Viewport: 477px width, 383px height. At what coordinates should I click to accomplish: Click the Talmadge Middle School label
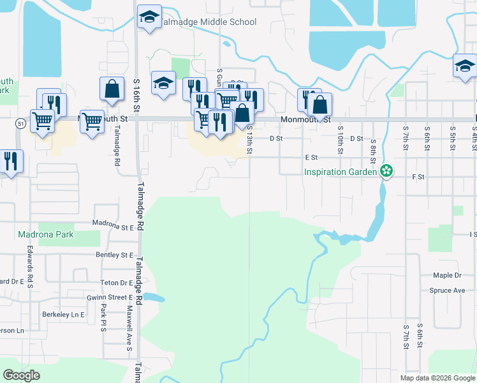point(208,22)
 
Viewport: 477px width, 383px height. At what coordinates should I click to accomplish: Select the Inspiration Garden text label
point(339,172)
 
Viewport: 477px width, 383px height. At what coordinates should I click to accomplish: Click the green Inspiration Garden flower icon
point(386,171)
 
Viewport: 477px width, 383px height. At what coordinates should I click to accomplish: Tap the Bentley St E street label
point(114,255)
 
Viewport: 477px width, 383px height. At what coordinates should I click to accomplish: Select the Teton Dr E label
point(115,282)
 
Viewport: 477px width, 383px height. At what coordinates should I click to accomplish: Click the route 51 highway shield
point(21,123)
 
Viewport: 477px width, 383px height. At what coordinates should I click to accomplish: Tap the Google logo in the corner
point(21,375)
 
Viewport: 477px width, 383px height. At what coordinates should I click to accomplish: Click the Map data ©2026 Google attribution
point(437,378)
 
